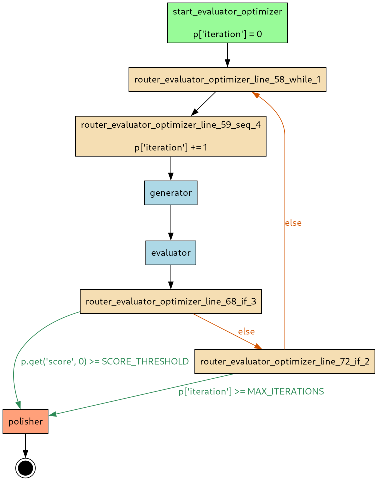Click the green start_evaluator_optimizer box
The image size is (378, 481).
click(227, 23)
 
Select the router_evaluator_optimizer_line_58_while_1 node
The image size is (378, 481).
click(227, 79)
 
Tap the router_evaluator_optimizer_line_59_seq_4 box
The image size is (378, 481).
click(171, 136)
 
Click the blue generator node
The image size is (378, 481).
click(171, 193)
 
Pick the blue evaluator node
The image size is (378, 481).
click(171, 253)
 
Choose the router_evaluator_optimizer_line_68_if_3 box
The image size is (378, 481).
click(171, 301)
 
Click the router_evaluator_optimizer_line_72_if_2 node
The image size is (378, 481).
click(284, 361)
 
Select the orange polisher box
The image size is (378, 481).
click(25, 421)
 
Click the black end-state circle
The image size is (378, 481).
click(25, 468)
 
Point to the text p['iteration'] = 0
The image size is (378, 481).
click(227, 34)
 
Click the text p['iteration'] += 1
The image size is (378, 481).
click(171, 148)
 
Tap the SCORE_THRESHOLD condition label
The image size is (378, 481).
click(105, 361)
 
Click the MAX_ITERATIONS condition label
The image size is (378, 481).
click(251, 391)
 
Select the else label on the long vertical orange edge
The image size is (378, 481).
click(293, 223)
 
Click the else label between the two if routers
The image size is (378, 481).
click(246, 331)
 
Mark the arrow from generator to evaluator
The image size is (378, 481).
click(171, 223)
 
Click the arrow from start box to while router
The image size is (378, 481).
click(227, 55)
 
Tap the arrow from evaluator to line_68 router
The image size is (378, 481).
click(171, 277)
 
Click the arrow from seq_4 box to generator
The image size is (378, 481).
click(171, 168)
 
